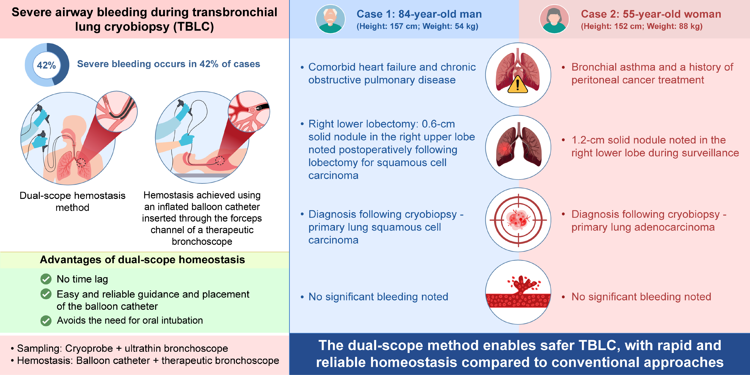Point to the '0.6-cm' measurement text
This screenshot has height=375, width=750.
click(x=438, y=124)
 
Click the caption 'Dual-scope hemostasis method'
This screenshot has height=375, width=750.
click(x=72, y=201)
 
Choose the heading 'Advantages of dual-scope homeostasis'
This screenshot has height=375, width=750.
click(x=142, y=260)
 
